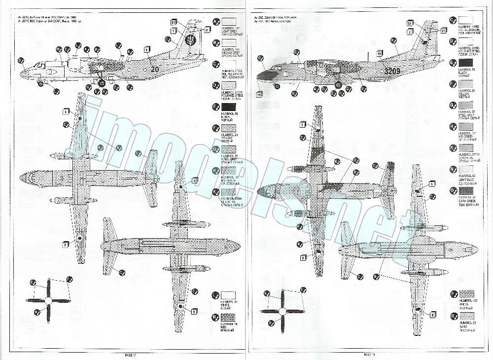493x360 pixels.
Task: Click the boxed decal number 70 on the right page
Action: pyautogui.click(x=380, y=53)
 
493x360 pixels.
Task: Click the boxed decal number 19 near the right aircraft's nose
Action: pyautogui.click(x=259, y=93)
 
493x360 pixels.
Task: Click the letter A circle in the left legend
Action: pyautogui.click(x=215, y=21)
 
